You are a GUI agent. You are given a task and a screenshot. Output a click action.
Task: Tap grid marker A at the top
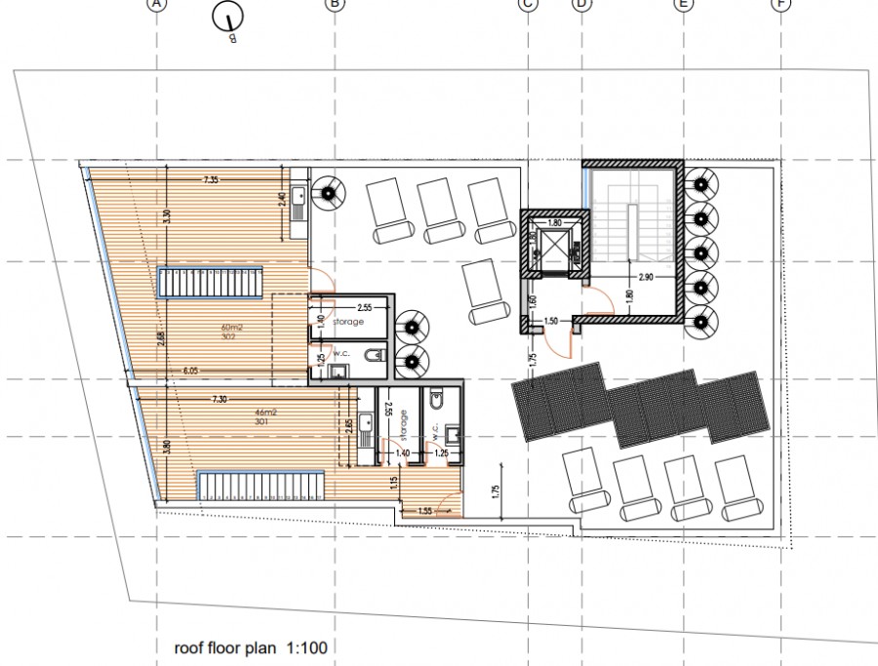pyautogui.click(x=157, y=4)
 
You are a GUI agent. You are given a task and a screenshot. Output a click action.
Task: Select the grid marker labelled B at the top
pyautogui.click(x=335, y=4)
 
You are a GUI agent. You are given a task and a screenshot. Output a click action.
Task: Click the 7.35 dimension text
pyautogui.click(x=212, y=180)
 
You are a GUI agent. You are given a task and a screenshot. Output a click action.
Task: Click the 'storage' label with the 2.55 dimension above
pyautogui.click(x=346, y=322)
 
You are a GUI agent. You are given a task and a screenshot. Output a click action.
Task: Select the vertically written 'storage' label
pyautogui.click(x=404, y=425)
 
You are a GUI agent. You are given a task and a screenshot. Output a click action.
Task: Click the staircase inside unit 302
pyautogui.click(x=212, y=284)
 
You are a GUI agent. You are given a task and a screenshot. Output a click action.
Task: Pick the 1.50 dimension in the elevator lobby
pyautogui.click(x=551, y=321)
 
